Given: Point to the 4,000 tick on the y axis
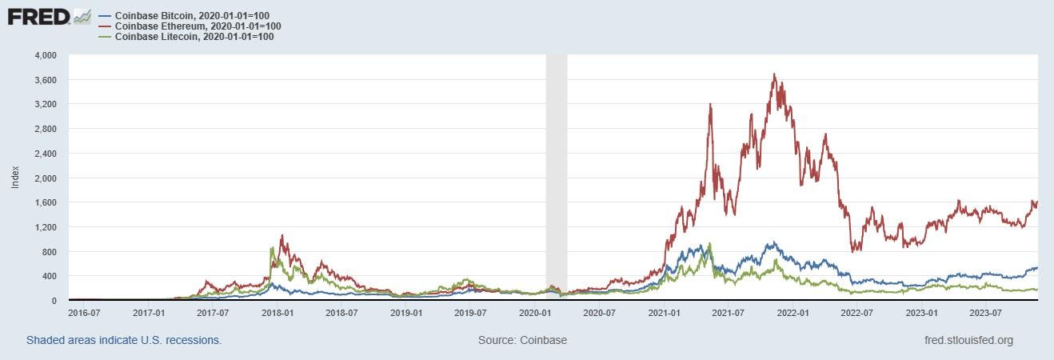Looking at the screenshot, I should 45,55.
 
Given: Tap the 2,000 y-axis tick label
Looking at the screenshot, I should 45,178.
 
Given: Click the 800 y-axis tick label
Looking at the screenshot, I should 48,252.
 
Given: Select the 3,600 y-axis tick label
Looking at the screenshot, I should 45,80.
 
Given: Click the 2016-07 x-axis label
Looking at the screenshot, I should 84,313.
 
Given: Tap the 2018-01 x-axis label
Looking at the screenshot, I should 277,313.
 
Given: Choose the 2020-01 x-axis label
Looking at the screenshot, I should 535,313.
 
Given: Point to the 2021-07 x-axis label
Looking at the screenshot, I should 728,313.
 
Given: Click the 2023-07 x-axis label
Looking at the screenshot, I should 985,313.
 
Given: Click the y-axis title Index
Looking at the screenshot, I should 15,178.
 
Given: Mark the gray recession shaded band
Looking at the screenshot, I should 556,176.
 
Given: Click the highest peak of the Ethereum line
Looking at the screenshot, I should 774,74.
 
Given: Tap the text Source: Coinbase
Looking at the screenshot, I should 522,340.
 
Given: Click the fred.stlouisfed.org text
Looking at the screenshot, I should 968,340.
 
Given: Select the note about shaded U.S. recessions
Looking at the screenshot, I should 124,340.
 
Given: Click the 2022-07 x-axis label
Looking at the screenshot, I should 856,313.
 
